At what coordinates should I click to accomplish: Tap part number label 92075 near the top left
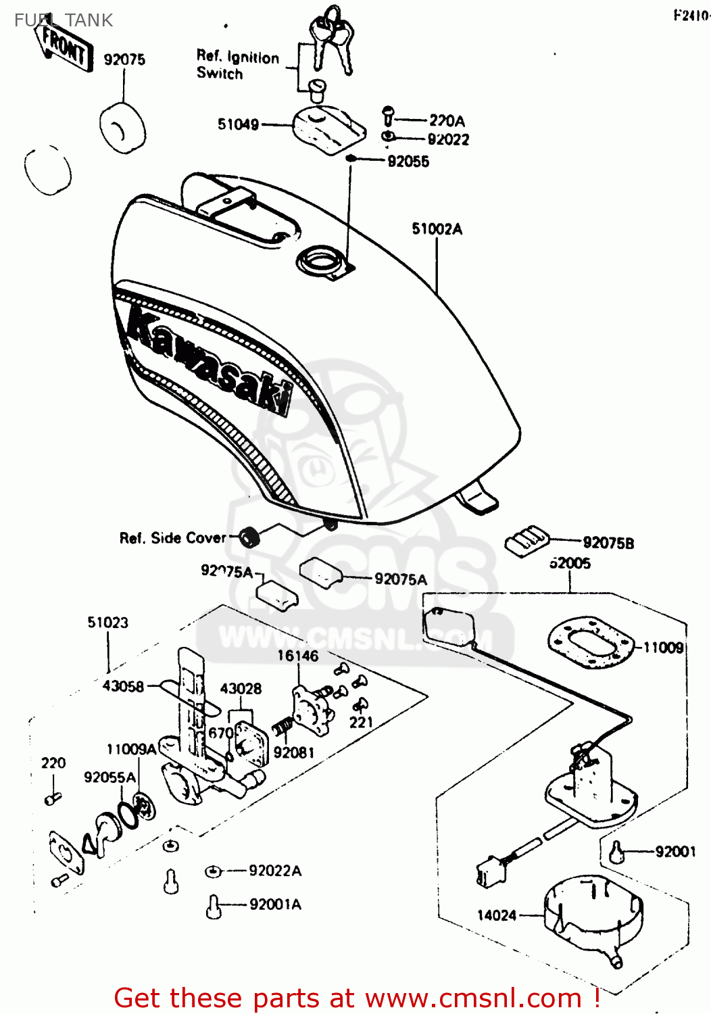point(124,59)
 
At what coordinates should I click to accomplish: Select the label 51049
point(238,124)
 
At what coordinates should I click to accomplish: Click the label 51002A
point(437,229)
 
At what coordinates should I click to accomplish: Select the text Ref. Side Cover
point(172,538)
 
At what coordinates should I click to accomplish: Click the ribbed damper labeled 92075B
point(527,540)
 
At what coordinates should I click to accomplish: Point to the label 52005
point(569,563)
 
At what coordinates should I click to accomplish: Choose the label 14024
point(496,915)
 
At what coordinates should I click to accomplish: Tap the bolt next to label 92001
point(616,852)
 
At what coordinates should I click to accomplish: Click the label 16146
point(297,656)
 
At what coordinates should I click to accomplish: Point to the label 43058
point(123,687)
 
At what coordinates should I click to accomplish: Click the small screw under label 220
point(53,798)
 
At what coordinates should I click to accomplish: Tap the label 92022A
point(274,871)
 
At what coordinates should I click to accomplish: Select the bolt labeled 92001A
point(214,906)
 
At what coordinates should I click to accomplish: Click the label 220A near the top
point(447,121)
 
